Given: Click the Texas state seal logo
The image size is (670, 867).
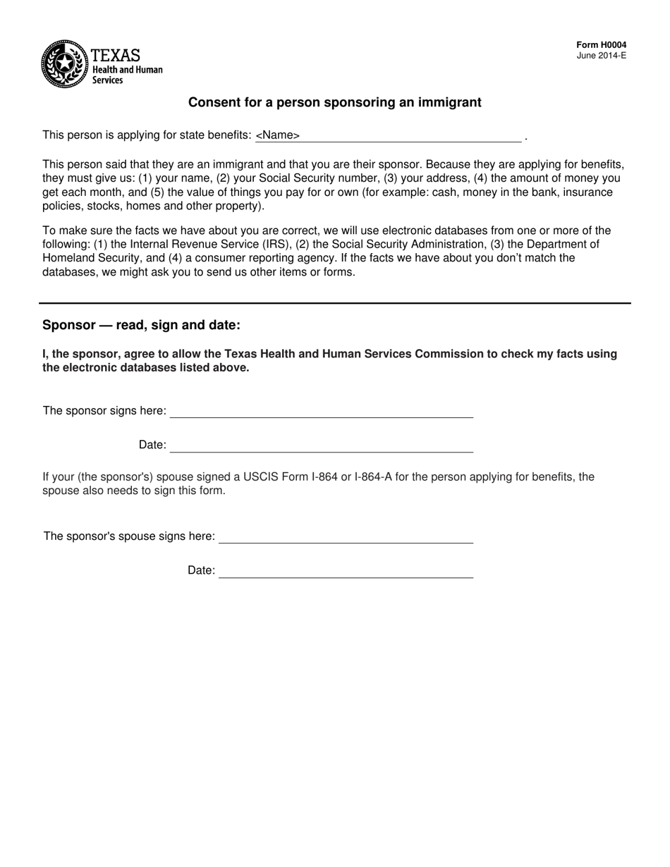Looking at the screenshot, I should [x=65, y=64].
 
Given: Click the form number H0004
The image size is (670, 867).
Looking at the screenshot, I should [x=601, y=45].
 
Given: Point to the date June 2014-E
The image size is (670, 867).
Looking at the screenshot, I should [x=601, y=56].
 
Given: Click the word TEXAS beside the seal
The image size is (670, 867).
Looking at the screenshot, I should [x=116, y=55].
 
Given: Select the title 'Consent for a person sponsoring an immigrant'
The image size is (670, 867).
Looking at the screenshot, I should [x=334, y=103].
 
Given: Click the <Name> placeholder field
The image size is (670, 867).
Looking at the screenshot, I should [x=278, y=135].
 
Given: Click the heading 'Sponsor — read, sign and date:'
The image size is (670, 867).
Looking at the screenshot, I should [x=141, y=325].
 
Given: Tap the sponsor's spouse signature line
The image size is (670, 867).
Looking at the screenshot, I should [x=346, y=538].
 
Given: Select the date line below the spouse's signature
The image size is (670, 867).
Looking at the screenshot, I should [x=346, y=572].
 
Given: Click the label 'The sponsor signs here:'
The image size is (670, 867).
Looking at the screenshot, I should [x=104, y=411].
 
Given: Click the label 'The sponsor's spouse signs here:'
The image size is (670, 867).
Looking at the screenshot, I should [x=129, y=536].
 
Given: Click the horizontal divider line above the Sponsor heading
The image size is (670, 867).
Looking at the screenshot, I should [x=334, y=303].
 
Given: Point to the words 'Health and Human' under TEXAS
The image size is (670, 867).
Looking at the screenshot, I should [x=128, y=70].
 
